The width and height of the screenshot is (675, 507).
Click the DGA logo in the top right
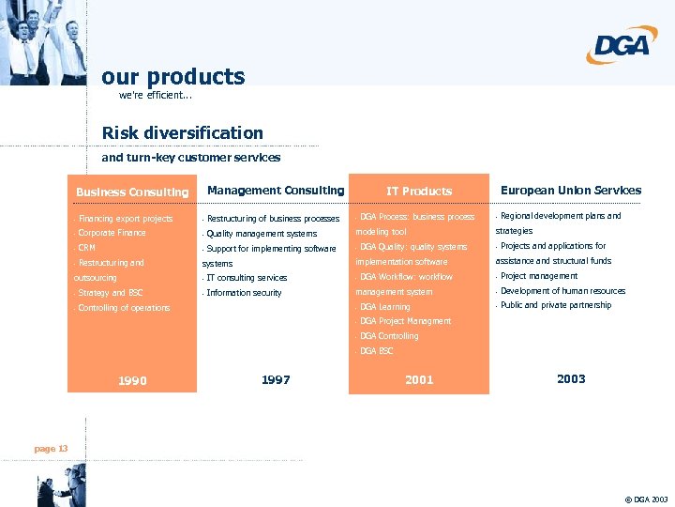[622, 45]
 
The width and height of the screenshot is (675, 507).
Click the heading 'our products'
[172, 76]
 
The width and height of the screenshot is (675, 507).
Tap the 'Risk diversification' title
[182, 132]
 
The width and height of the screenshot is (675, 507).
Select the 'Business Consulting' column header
[132, 192]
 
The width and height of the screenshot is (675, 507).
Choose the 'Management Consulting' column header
[276, 191]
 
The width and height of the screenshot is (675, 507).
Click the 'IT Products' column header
[419, 191]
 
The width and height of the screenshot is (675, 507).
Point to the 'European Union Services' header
[571, 190]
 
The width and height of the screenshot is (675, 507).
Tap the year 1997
[276, 379]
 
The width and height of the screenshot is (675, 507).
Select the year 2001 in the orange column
[419, 379]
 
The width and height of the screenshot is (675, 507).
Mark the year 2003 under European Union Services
[571, 378]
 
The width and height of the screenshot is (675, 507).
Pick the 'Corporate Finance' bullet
[112, 233]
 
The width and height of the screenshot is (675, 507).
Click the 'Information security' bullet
[244, 293]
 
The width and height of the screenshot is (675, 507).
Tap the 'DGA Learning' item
[384, 307]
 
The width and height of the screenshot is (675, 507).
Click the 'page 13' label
[51, 449]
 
